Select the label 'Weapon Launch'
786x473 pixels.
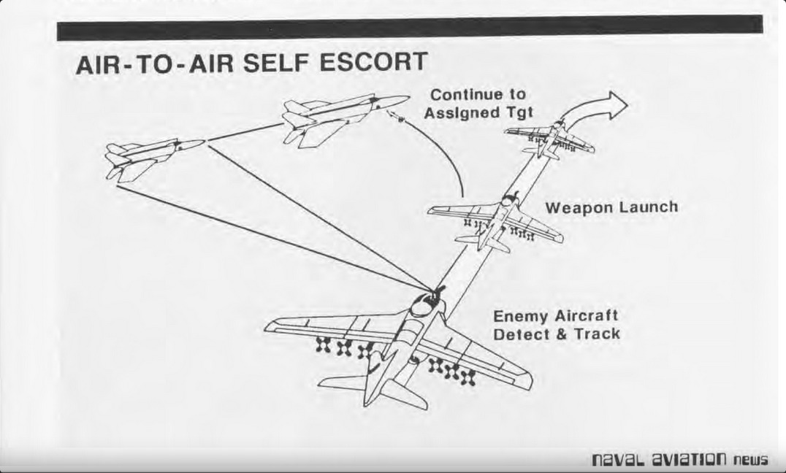coord(611,207)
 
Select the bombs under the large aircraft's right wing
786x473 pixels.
coord(451,371)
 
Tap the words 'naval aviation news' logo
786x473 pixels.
coord(679,459)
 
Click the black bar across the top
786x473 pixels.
coord(409,28)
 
